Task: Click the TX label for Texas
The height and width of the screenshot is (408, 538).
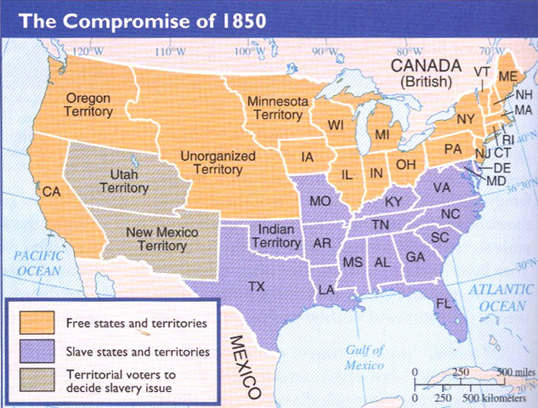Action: [x=256, y=286]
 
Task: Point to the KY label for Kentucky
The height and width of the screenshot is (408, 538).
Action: [x=394, y=201]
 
